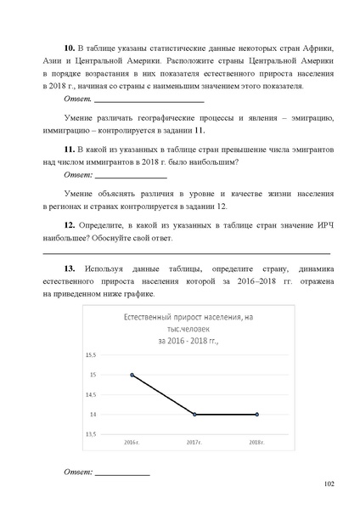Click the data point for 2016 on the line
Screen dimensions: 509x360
tap(132, 374)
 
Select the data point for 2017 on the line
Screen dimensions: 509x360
tap(194, 414)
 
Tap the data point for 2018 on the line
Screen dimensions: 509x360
tap(256, 414)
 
